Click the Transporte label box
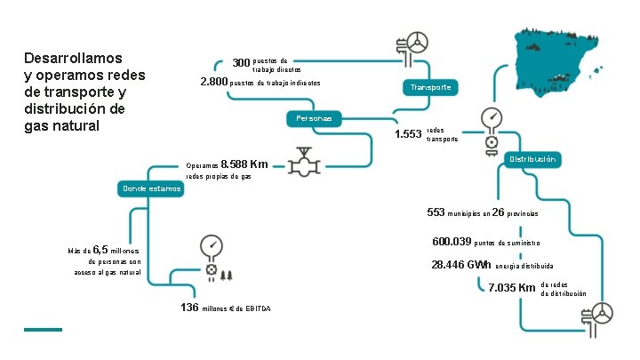[x=431, y=87]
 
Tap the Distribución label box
[x=532, y=159]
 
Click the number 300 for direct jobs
[x=241, y=63]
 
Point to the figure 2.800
[x=214, y=83]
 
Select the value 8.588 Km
[x=244, y=164]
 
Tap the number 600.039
[x=451, y=242]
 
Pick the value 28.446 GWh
[x=461, y=265]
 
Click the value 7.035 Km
[x=512, y=288]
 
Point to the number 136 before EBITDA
[x=189, y=308]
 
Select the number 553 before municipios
[x=436, y=212]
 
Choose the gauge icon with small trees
[x=212, y=257]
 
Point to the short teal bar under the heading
[x=43, y=330]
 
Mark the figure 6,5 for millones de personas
[x=100, y=250]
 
